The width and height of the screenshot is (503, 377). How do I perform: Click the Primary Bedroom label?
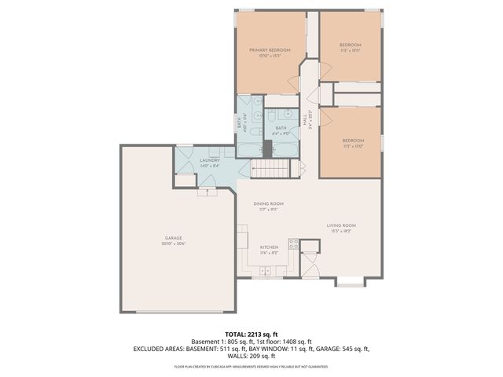[x=270, y=50]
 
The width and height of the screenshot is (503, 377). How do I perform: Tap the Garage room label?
[x=174, y=238]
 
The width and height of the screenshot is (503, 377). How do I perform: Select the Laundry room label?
[x=209, y=160]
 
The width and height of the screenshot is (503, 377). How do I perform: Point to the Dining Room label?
[x=268, y=204]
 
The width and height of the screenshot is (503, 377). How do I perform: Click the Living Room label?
[x=342, y=226]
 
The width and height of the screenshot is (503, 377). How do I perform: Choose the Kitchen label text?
[x=269, y=247]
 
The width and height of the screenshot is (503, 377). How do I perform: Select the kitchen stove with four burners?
[x=293, y=243]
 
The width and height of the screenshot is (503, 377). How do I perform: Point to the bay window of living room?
[x=351, y=281]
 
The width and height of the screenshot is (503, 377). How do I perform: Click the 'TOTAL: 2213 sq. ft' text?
[x=251, y=334]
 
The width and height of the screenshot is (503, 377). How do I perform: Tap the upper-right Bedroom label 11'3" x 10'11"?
[x=351, y=45]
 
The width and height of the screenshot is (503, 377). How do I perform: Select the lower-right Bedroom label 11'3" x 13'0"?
[x=351, y=141]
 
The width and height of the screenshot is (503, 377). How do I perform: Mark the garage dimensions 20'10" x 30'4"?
[x=174, y=243]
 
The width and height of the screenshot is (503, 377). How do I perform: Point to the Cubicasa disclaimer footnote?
[x=251, y=366]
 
